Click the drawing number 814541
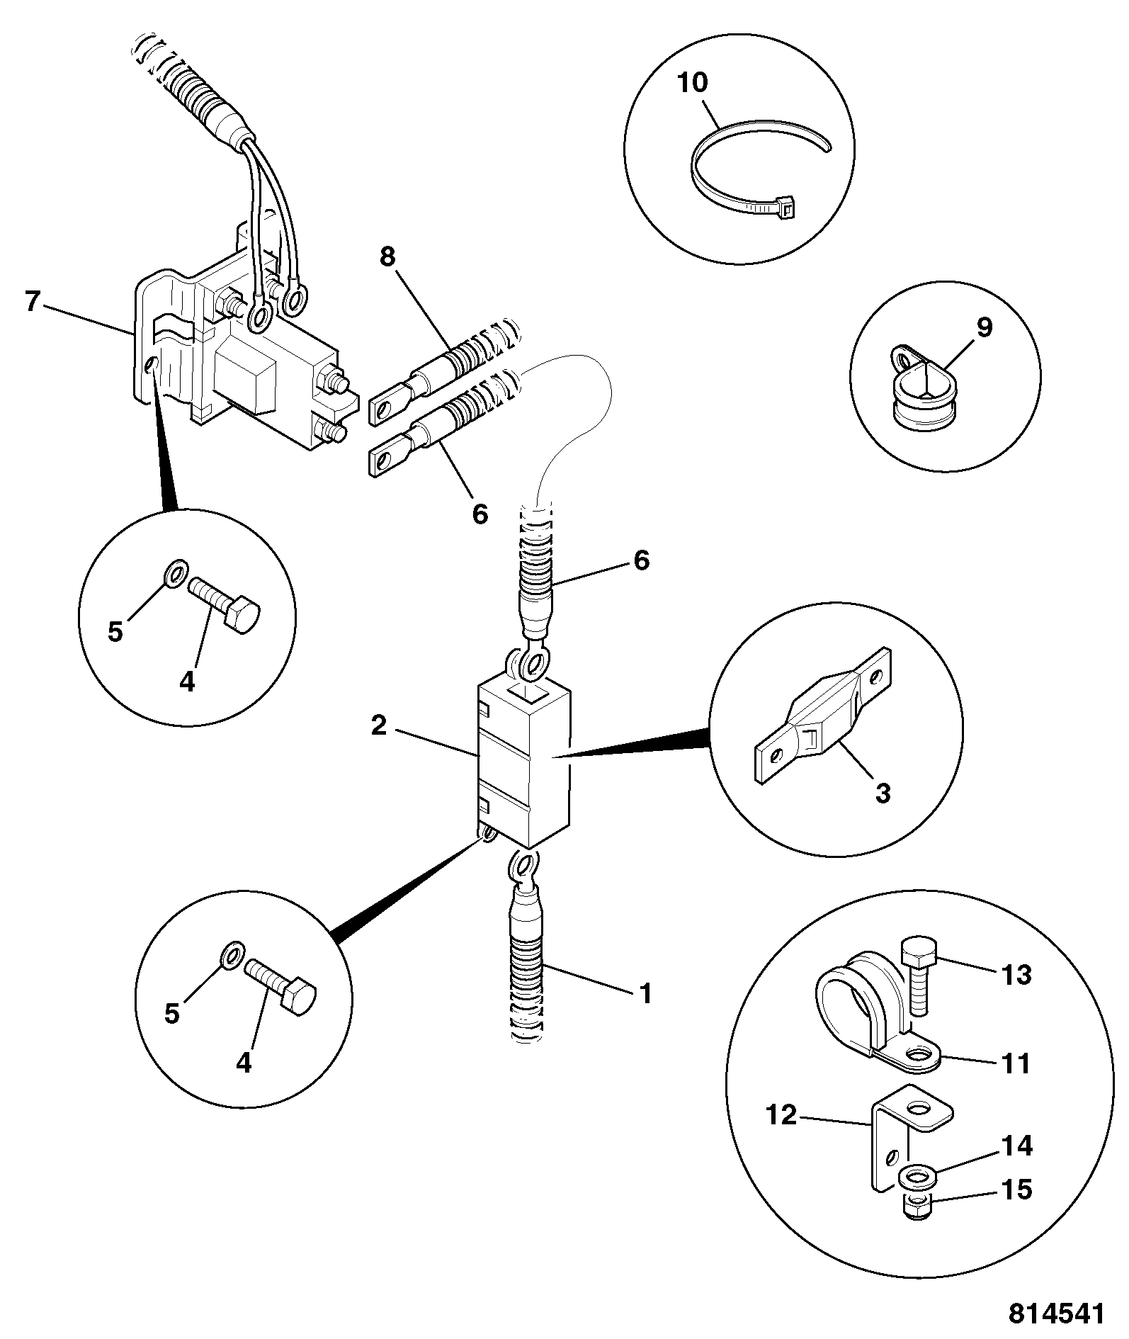[x=1056, y=1315]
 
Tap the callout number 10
[x=692, y=83]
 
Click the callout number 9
[x=984, y=328]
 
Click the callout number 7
[x=32, y=302]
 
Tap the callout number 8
[x=387, y=257]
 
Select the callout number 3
[x=882, y=793]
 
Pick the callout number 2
[x=379, y=725]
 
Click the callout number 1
[x=645, y=993]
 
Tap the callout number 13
[x=1016, y=975]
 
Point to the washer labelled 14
[x=919, y=1178]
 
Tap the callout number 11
[x=1016, y=1064]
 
